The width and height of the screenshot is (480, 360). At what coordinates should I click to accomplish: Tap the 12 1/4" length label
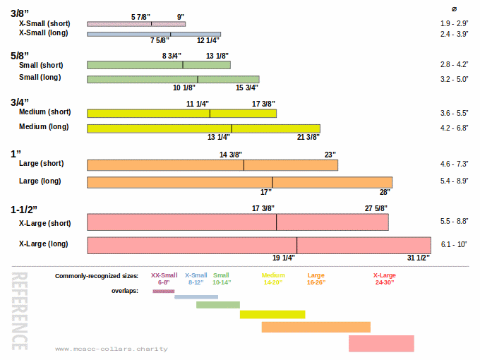pyautogui.click(x=210, y=40)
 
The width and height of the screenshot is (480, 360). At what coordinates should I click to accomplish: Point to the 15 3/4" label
pyautogui.click(x=246, y=88)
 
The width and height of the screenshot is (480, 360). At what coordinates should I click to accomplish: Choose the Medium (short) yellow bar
pyautogui.click(x=181, y=113)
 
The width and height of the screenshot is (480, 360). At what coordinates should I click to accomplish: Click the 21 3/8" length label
pyautogui.click(x=308, y=137)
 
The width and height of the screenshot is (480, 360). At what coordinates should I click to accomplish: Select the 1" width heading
pyautogui.click(x=16, y=153)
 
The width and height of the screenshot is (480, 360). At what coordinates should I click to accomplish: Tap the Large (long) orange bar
pyautogui.click(x=239, y=182)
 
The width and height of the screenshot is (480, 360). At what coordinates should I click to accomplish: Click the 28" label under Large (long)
pyautogui.click(x=385, y=192)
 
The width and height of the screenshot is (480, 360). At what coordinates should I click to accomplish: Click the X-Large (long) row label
pyautogui.click(x=43, y=244)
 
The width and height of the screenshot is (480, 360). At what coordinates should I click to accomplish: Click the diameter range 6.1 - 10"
pyautogui.click(x=454, y=244)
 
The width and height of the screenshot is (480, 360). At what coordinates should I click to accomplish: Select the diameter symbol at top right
pyautogui.click(x=454, y=8)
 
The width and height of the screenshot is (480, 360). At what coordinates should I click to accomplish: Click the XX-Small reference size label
pyautogui.click(x=164, y=275)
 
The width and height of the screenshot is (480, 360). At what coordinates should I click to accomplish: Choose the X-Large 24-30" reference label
pyautogui.click(x=384, y=279)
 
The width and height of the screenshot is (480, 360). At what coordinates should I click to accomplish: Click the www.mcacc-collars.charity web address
pyautogui.click(x=111, y=349)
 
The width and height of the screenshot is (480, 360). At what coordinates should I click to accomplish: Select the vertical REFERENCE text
pyautogui.click(x=20, y=311)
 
